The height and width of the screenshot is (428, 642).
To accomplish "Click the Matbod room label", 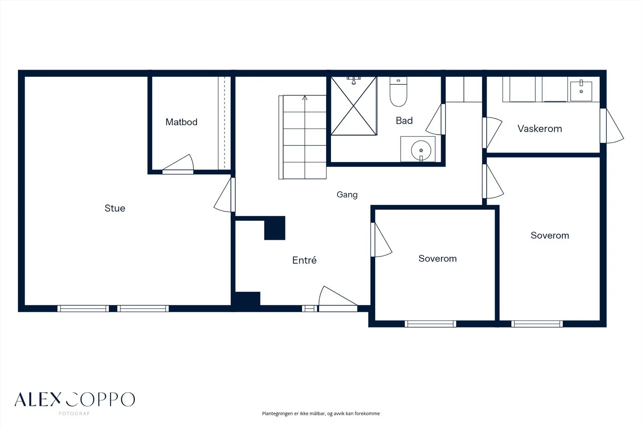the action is [181, 122].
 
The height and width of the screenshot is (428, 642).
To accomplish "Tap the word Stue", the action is [115, 208].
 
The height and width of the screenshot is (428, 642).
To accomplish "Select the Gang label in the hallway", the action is [347, 195].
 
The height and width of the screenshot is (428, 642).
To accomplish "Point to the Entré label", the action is [305, 260].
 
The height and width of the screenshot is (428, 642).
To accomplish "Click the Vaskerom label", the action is [540, 128].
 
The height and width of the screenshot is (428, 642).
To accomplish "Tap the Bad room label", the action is [404, 120].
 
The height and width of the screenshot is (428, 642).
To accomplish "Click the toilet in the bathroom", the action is [398, 92].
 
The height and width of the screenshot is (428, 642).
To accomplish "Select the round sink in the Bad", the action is [421, 150].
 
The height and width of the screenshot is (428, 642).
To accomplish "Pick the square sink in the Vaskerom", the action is [581, 91].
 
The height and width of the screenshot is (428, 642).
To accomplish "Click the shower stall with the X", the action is [354, 106].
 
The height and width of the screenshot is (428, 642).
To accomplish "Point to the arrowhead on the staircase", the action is [305, 98].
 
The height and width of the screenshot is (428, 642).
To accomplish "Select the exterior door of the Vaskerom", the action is [612, 126].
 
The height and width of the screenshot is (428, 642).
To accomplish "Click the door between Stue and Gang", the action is [224, 195].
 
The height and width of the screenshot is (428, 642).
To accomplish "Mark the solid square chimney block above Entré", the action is [274, 228].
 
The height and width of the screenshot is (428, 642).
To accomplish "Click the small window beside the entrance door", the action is [309, 309].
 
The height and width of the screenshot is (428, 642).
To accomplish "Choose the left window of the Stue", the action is [83, 309].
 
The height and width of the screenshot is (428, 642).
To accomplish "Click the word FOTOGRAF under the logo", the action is [75, 414].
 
